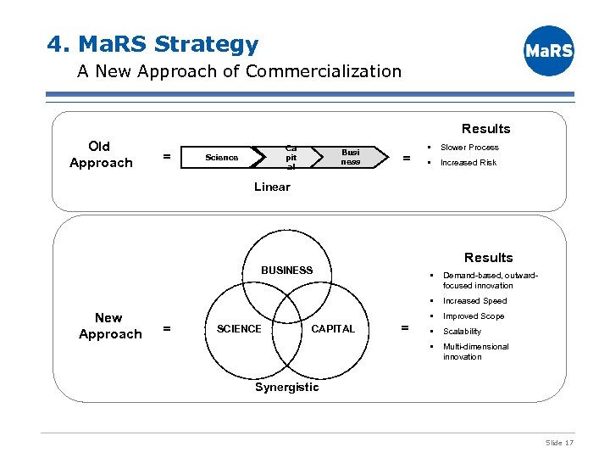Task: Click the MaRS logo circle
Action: (x=549, y=51)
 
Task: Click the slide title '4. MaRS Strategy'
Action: (x=153, y=43)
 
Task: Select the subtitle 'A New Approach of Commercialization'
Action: (x=239, y=71)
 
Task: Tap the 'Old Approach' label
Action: (x=101, y=154)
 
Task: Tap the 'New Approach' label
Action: (x=109, y=326)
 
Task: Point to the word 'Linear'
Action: (x=272, y=187)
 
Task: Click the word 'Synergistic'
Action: (x=287, y=387)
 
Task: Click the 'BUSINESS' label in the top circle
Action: (x=286, y=270)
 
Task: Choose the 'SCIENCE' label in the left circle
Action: (x=239, y=329)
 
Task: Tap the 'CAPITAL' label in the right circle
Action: (x=334, y=329)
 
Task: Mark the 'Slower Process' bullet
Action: (x=469, y=148)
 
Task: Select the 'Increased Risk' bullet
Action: (x=469, y=163)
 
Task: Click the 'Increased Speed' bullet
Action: (x=474, y=301)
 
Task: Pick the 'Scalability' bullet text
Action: (x=462, y=332)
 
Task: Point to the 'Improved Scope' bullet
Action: (x=473, y=316)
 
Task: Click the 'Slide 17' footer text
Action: (x=559, y=443)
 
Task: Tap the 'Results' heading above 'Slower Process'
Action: (x=485, y=129)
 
